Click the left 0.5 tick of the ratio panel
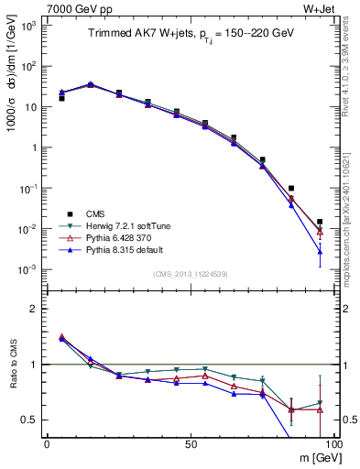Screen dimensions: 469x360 33,420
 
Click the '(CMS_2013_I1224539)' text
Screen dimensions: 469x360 190,273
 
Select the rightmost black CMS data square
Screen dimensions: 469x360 320,222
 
